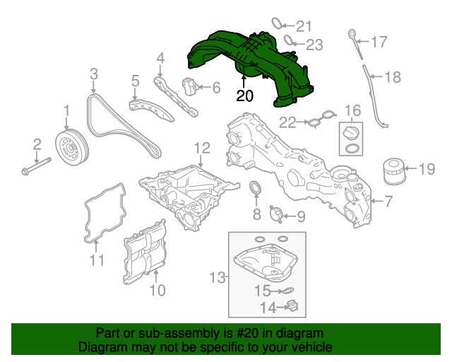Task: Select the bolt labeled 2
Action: (x=36, y=170)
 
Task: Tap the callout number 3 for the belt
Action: (x=93, y=74)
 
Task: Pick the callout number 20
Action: (x=244, y=96)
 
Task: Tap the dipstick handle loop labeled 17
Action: (x=352, y=33)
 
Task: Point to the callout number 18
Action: (x=392, y=76)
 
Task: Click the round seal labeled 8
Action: (x=257, y=189)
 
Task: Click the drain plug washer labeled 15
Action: (x=286, y=291)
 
